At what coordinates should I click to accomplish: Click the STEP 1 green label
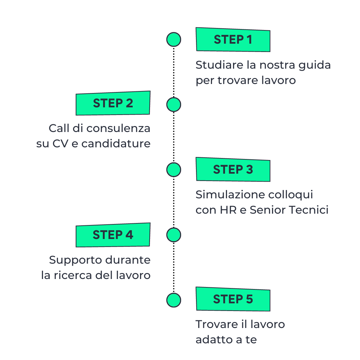point(233,40)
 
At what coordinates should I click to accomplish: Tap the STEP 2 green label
point(113,103)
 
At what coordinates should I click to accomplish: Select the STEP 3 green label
point(233,169)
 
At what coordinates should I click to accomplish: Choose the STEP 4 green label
point(113,235)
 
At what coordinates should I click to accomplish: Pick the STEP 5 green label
point(233,299)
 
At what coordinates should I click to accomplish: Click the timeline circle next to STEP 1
point(174,40)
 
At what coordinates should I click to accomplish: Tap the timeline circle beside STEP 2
point(174,105)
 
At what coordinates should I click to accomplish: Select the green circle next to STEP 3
point(174,170)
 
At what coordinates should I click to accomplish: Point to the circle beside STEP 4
point(174,235)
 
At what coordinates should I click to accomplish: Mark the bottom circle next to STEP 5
point(174,300)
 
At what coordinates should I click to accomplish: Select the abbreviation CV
point(60,144)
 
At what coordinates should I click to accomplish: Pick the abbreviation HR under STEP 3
point(228,210)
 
